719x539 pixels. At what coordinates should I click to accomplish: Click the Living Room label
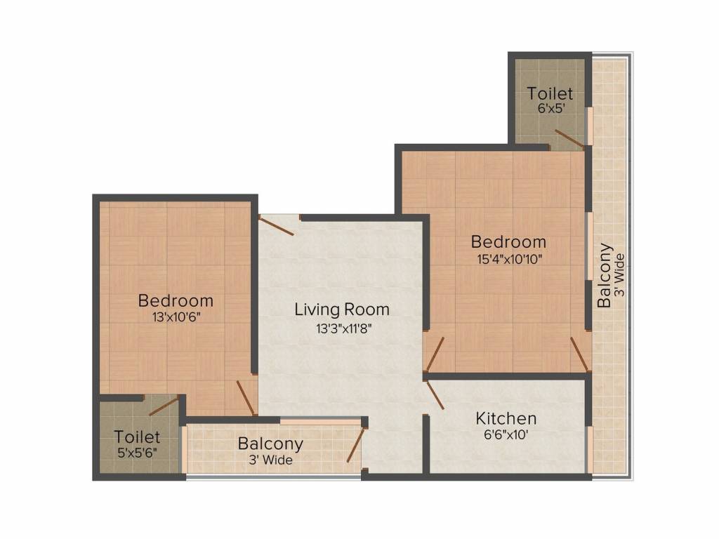(x=341, y=310)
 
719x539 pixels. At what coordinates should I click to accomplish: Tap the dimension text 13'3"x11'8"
(x=342, y=328)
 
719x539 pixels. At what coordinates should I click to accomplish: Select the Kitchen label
(x=506, y=419)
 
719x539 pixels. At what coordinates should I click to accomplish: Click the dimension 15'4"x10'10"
(x=508, y=258)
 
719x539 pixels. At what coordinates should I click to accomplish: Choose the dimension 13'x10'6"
(x=176, y=317)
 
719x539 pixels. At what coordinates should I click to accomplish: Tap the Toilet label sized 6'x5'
(x=550, y=93)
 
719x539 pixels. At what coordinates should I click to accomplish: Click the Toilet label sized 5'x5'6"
(x=138, y=437)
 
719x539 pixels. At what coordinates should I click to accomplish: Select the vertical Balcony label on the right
(x=604, y=275)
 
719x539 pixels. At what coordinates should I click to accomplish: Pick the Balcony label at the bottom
(x=270, y=444)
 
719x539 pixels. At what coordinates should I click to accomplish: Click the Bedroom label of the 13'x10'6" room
(x=176, y=301)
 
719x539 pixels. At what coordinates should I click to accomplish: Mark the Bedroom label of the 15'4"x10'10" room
(x=508, y=242)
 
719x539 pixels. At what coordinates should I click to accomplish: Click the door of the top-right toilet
(x=569, y=139)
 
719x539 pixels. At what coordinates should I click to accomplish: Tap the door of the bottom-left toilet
(x=163, y=405)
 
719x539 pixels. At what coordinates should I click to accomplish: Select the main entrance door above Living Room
(x=276, y=226)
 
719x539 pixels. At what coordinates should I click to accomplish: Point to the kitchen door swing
(x=435, y=394)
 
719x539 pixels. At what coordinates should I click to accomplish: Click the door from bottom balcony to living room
(x=357, y=444)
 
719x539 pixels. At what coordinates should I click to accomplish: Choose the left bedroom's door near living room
(x=246, y=398)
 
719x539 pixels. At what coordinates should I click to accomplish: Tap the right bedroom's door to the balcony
(x=579, y=354)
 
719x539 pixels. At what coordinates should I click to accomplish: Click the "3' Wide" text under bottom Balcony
(x=270, y=460)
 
